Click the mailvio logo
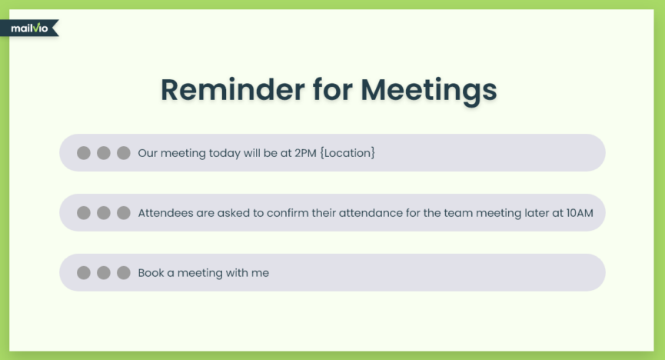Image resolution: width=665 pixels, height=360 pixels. click(x=29, y=28)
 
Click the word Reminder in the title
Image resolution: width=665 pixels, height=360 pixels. click(x=232, y=89)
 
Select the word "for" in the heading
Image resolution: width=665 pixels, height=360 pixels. click(x=333, y=89)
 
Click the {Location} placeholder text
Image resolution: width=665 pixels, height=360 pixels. click(x=347, y=153)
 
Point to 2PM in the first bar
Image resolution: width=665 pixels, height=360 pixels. click(x=305, y=153)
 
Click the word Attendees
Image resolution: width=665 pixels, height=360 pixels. click(x=165, y=212)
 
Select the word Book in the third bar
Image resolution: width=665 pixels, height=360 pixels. click(x=151, y=272)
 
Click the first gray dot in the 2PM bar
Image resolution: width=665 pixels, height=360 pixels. click(x=84, y=153)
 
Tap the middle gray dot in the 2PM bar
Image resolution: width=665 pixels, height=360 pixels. click(x=104, y=153)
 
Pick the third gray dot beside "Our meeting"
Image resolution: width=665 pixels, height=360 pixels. click(x=124, y=153)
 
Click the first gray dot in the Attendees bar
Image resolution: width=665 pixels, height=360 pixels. click(x=84, y=212)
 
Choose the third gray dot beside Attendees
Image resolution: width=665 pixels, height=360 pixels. click(x=124, y=212)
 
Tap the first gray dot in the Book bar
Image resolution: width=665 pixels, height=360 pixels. click(x=84, y=272)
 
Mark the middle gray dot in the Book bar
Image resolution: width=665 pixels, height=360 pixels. click(x=104, y=272)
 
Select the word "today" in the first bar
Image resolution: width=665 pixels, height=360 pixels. click(x=224, y=153)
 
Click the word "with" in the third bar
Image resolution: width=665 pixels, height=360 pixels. click(x=231, y=272)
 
